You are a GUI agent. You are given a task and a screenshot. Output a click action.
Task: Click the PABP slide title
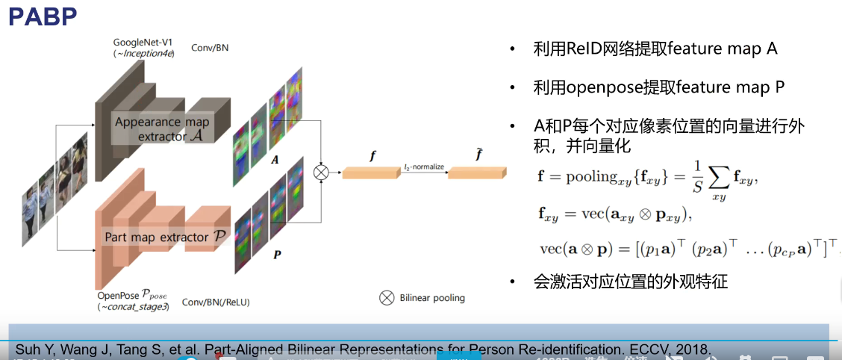pyautogui.click(x=43, y=16)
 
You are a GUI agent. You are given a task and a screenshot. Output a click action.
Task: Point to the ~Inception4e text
pyautogui.click(x=146, y=54)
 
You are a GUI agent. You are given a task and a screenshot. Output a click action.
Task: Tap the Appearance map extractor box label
pyautogui.click(x=162, y=128)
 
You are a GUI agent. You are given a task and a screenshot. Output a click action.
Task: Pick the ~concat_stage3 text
pyautogui.click(x=133, y=307)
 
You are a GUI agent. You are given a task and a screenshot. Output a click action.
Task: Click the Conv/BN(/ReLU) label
pyautogui.click(x=216, y=302)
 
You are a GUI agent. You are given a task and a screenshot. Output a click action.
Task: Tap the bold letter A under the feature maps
pyautogui.click(x=275, y=160)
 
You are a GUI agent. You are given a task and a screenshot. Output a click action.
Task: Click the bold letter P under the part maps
pyautogui.click(x=277, y=255)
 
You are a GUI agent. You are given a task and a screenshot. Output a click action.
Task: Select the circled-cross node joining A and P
pyautogui.click(x=322, y=173)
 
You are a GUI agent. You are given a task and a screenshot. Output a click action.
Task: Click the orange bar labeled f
pyautogui.click(x=367, y=173)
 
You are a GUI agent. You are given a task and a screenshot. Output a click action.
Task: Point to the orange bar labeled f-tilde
pyautogui.click(x=472, y=173)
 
